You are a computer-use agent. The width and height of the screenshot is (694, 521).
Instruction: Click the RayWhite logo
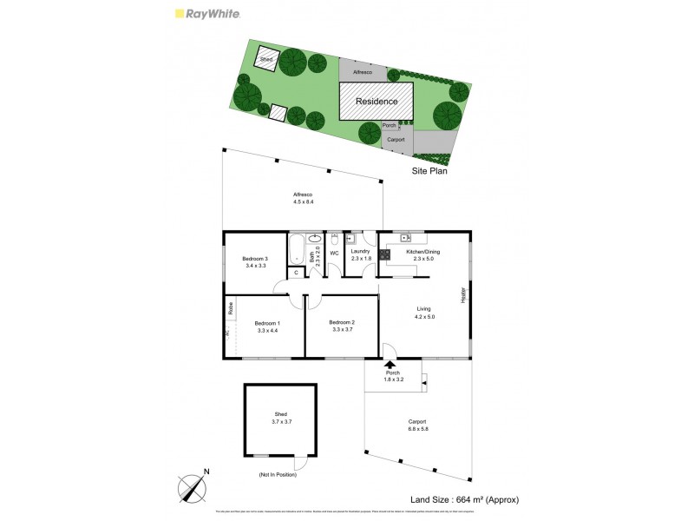[x=207, y=14]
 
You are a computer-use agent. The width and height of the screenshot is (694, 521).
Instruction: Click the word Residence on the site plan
[x=376, y=102]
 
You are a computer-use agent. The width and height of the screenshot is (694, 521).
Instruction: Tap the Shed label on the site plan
[x=265, y=60]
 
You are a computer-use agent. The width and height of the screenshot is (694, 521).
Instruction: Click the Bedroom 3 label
[x=255, y=258]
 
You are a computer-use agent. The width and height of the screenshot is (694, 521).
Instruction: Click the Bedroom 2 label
[x=343, y=322]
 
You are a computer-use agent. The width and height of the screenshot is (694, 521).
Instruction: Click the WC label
[x=334, y=254]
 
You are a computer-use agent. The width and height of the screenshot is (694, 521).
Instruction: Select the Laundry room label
[x=361, y=252]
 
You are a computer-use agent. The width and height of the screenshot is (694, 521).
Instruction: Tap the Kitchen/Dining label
[x=423, y=252]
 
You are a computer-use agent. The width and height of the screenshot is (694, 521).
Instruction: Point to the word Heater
[x=463, y=295]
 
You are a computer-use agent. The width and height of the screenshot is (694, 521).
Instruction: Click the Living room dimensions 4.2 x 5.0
[x=423, y=317]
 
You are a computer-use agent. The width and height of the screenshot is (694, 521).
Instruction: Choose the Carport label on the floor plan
[x=418, y=422]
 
